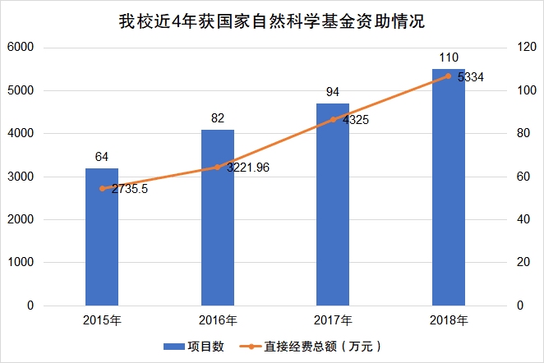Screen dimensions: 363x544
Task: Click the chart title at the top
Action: coord(272,19)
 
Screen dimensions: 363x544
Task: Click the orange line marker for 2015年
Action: coord(102,188)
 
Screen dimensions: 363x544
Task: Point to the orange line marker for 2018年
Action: coord(449,76)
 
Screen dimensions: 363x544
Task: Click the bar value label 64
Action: coord(102,156)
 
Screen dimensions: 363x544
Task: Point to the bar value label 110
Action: coord(449,57)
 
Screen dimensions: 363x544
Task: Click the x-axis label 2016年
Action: coord(218,320)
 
